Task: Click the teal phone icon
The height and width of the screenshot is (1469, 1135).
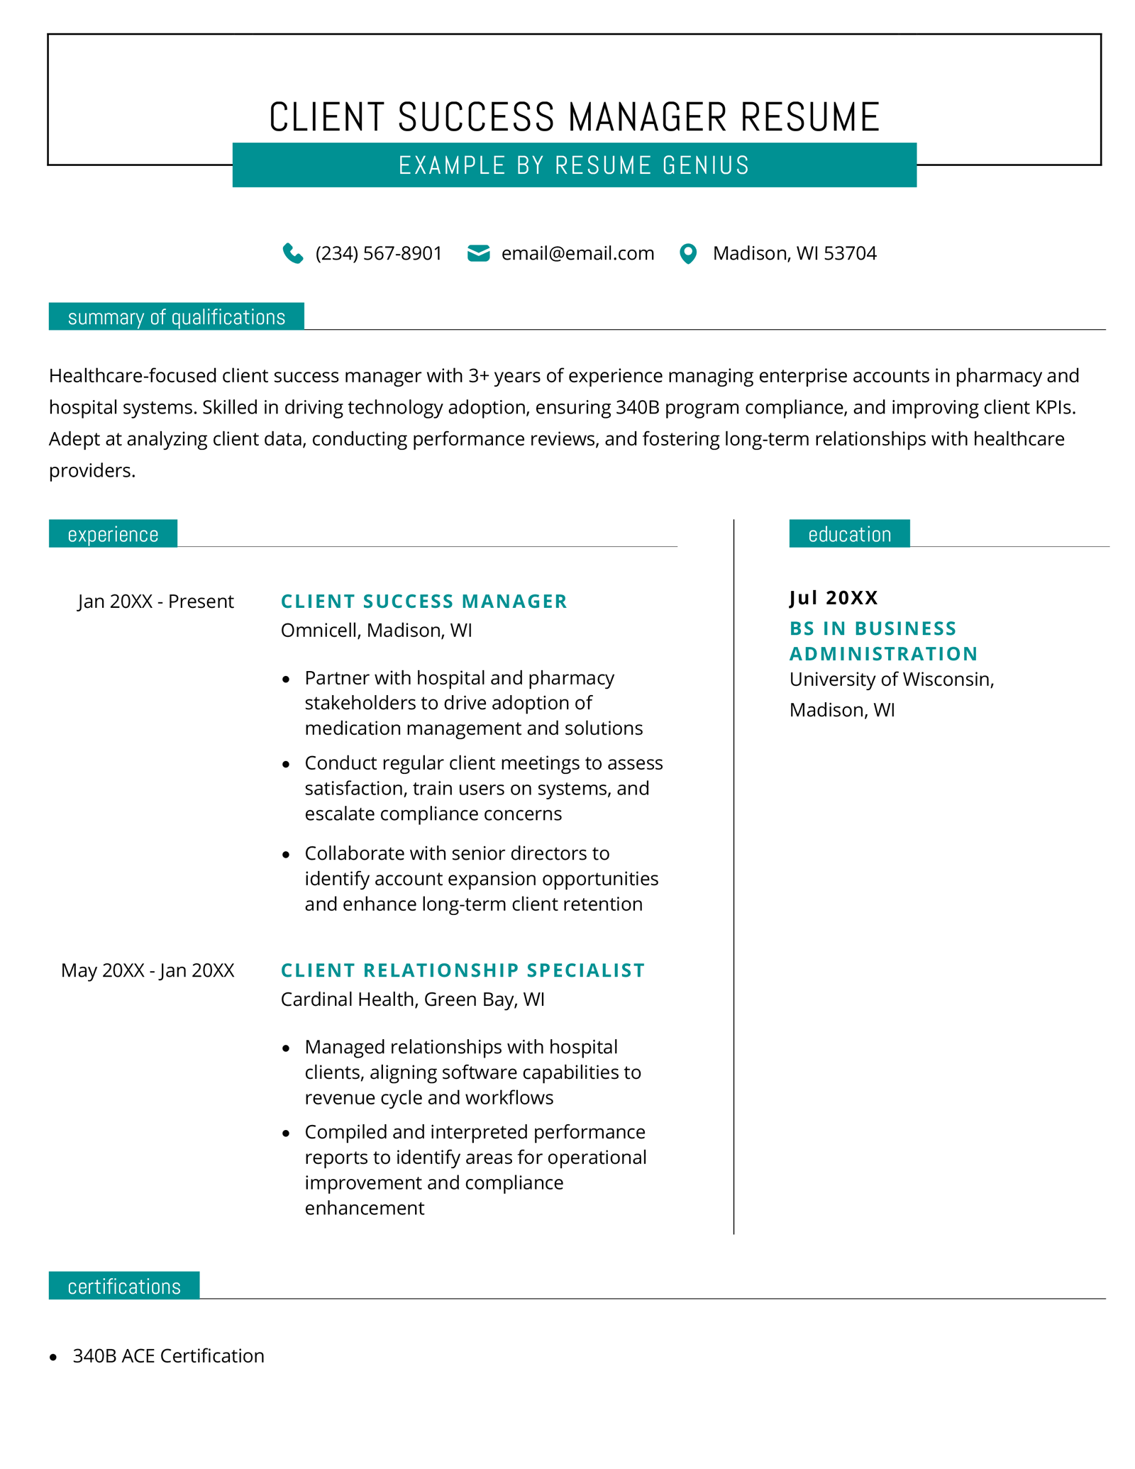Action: click(292, 253)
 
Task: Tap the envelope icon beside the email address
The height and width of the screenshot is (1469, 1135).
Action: click(478, 253)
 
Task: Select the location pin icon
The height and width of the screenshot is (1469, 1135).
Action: click(687, 253)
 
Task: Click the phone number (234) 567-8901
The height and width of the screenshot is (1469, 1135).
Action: click(379, 253)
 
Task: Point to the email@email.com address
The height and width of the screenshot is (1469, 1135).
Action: click(577, 253)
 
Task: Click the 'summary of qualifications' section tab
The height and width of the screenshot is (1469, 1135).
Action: click(176, 317)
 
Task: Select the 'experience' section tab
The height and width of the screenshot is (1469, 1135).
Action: click(113, 534)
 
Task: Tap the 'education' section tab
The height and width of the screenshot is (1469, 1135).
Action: click(849, 534)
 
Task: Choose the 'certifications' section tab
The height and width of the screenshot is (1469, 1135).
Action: click(124, 1287)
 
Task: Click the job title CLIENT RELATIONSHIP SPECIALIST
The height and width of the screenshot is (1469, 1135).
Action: click(463, 970)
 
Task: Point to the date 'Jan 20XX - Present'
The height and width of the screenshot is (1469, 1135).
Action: click(155, 602)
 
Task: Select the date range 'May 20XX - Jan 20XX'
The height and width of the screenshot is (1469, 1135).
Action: click(148, 970)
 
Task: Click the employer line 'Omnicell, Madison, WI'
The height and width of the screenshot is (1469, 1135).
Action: click(376, 631)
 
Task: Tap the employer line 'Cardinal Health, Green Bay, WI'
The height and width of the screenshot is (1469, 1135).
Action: click(412, 999)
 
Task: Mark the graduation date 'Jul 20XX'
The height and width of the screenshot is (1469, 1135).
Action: click(834, 598)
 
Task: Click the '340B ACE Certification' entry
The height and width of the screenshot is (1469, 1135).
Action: click(168, 1356)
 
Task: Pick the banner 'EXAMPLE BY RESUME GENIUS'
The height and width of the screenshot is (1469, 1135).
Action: click(574, 165)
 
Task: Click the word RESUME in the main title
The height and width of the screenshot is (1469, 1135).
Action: click(809, 117)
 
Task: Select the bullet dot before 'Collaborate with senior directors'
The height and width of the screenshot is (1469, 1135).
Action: click(286, 855)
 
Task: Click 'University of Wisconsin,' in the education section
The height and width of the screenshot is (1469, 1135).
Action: click(892, 680)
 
